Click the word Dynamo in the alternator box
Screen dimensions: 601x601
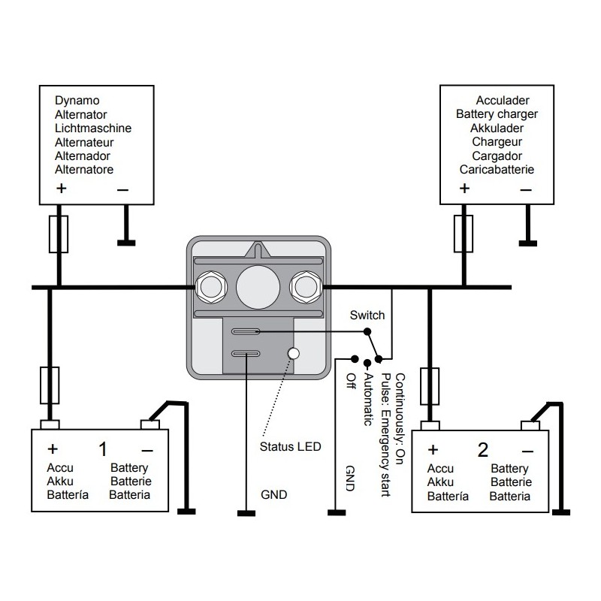(x=77, y=100)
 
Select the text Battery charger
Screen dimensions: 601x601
(x=497, y=114)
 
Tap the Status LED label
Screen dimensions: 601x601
(x=290, y=447)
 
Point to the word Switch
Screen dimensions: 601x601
(x=367, y=316)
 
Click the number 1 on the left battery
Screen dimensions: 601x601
(x=103, y=450)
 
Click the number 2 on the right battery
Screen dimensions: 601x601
(x=483, y=450)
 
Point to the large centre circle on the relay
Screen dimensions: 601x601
(x=256, y=286)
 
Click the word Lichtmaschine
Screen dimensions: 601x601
(x=93, y=128)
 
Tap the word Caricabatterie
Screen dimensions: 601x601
(x=497, y=170)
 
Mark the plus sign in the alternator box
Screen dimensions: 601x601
(x=59, y=189)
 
